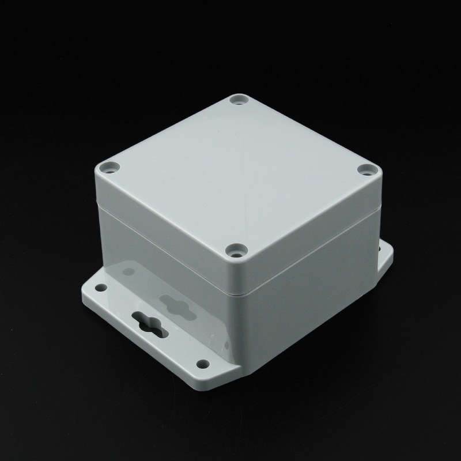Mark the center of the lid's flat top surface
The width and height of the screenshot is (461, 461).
[x=237, y=173]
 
